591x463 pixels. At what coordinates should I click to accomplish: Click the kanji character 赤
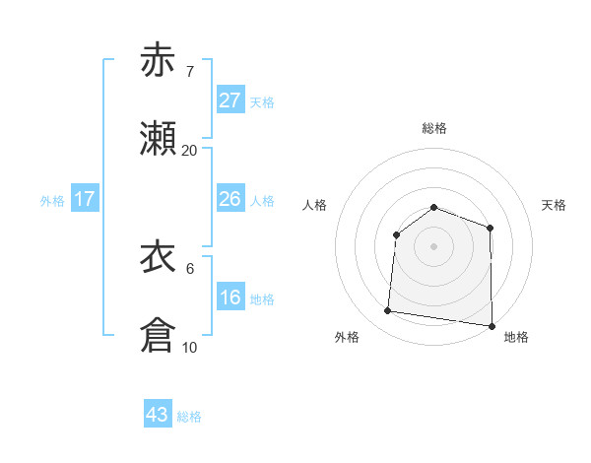tap(159, 60)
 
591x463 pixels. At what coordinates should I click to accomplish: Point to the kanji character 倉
tap(159, 336)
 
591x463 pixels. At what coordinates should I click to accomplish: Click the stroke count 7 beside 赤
tap(189, 72)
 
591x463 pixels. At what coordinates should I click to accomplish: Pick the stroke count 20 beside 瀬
tap(190, 151)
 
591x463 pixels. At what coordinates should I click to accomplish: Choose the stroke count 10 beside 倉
tap(190, 348)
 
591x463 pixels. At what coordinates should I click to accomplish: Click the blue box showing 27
tap(230, 100)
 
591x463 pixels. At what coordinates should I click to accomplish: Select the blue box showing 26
tap(230, 199)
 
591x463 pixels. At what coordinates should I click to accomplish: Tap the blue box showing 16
tap(230, 298)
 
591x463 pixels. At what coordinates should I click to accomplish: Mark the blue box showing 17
tap(85, 199)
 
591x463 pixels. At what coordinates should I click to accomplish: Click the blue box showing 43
tap(158, 415)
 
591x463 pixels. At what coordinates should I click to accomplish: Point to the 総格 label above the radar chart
tap(434, 128)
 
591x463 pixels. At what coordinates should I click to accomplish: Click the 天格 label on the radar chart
tap(555, 205)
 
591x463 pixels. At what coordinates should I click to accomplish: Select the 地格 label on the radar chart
tap(516, 337)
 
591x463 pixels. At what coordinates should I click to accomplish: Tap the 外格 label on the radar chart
tap(347, 337)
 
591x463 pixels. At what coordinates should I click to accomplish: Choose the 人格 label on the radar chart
tap(314, 205)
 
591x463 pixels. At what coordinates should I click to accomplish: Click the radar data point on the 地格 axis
tap(492, 325)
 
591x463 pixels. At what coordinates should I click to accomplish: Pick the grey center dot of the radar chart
tap(433, 245)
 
